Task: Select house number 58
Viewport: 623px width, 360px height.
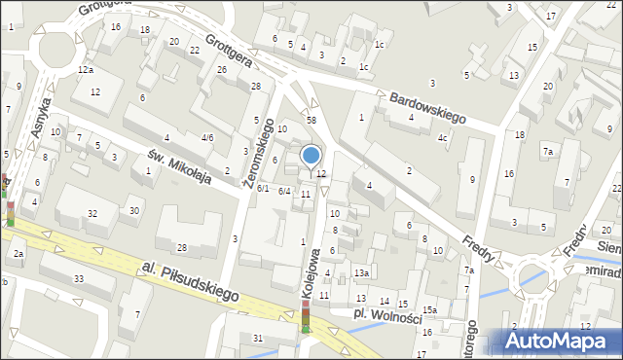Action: (x=311, y=119)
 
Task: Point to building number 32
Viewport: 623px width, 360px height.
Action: (x=92, y=213)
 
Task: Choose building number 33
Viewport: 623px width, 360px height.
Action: (x=79, y=280)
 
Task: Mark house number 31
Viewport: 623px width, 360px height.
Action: (x=258, y=338)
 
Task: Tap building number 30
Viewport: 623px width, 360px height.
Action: (x=134, y=210)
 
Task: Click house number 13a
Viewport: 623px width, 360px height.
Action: (x=360, y=274)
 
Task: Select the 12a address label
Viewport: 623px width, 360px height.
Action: (x=86, y=70)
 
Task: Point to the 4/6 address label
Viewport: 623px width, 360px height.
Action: (x=206, y=138)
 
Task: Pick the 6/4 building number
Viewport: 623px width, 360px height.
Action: (x=284, y=191)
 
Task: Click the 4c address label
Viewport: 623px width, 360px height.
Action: (x=442, y=137)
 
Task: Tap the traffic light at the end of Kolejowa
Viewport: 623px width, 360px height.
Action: (x=305, y=317)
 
